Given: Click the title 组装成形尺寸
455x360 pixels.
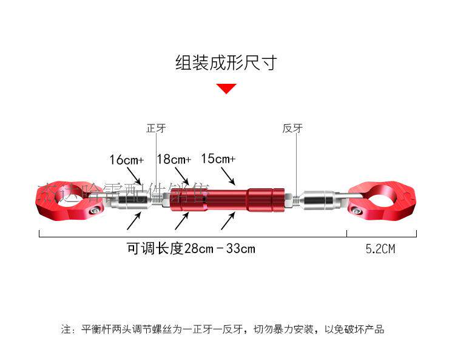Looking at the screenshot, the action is coord(226,63).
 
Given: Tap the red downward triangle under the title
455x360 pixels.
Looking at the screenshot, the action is coord(226,89).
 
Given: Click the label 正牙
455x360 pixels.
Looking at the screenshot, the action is coord(156,129).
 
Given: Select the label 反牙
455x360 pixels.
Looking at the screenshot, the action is coord(292,129).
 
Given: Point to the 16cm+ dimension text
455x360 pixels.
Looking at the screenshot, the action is coord(126,160).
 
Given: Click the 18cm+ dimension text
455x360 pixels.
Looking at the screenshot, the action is coord(174,160).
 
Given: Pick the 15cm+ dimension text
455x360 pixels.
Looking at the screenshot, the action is coord(218,158).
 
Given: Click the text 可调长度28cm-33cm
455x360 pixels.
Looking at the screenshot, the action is coord(190,249).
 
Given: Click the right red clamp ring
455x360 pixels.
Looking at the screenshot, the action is coord(382,200).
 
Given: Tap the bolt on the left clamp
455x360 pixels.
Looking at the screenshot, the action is coord(95,211).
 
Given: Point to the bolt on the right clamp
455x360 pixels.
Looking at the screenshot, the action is coord(358,211).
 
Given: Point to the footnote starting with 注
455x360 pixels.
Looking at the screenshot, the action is coord(222,330).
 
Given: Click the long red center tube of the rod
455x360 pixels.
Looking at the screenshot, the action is coord(227,199).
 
